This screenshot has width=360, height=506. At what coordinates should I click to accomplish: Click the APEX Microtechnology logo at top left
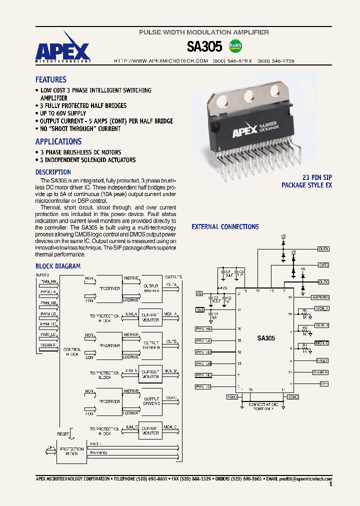coord(63,51)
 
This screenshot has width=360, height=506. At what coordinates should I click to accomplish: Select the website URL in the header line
coord(161,60)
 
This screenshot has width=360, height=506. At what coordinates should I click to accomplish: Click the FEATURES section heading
coord(50,79)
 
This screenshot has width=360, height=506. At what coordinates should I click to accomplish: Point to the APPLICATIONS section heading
coord(58,141)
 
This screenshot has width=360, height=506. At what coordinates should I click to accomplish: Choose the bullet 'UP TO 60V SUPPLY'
coord(63,113)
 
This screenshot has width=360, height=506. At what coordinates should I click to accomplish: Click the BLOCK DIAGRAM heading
coord(57,266)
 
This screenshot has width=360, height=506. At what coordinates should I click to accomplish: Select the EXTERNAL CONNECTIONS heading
coord(225,227)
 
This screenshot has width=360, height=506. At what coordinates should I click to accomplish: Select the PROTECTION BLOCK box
coord(71,451)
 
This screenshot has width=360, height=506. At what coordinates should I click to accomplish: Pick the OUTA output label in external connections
coord(323,248)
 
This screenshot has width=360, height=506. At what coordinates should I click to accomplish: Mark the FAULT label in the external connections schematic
coord(322,360)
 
